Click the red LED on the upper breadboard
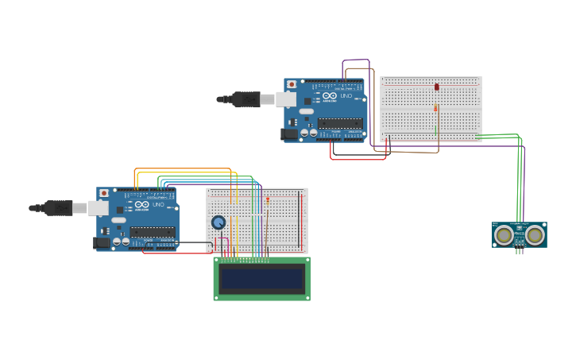[436, 87]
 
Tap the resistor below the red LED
[435, 108]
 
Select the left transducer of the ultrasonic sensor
[504, 235]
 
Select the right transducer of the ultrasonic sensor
[535, 235]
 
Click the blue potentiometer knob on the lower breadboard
[218, 223]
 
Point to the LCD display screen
[261, 278]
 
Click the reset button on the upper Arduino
[292, 84]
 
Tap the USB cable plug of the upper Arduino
[246, 99]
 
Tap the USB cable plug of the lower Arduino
[59, 208]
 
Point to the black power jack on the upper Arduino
[289, 134]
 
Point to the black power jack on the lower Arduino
[102, 242]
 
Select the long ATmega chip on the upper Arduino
[340, 123]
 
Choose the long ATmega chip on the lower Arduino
[153, 232]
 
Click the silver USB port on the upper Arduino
[287, 99]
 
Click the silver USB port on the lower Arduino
[99, 208]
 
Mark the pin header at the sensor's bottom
[519, 251]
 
